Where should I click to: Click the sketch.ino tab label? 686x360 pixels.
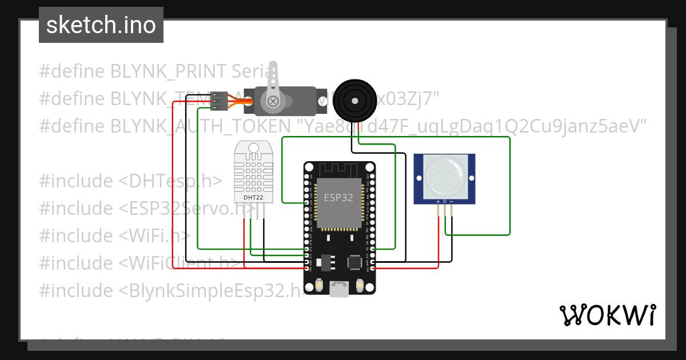[x=101, y=25]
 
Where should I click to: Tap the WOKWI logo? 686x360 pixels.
[x=607, y=315]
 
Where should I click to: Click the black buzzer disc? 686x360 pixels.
[x=356, y=99]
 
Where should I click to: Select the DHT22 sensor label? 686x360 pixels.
[x=254, y=197]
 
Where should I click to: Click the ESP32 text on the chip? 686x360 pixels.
[x=338, y=198]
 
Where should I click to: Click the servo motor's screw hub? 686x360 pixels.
[x=273, y=102]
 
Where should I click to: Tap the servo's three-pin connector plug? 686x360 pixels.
[x=218, y=101]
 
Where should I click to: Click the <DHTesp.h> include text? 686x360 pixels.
[x=170, y=181]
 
